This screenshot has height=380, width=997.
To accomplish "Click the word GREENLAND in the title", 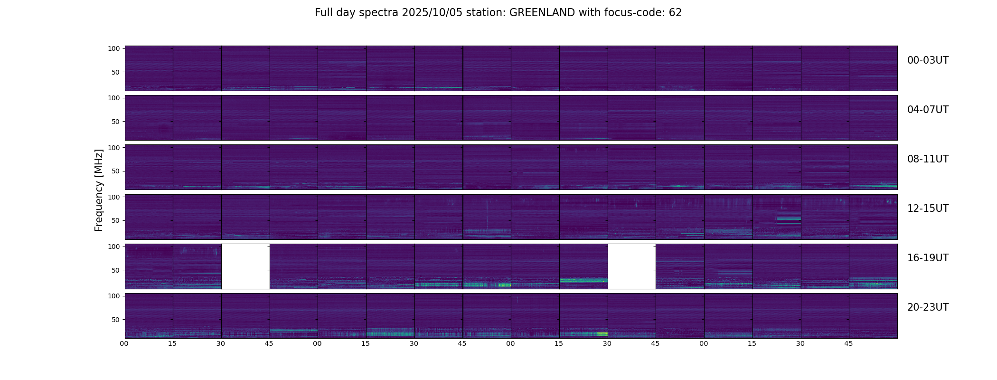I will pos(542,13).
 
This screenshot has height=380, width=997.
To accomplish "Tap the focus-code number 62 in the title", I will pos(675,13).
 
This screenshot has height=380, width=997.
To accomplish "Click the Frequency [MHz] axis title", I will pos(99,190).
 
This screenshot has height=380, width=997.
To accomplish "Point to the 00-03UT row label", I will pos(928,60).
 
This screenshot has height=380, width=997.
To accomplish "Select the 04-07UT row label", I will pos(928,110).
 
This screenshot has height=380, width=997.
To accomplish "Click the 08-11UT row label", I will pos(928,159).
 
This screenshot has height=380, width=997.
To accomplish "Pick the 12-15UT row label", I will pos(928,209).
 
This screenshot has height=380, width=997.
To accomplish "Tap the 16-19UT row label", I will pos(928,258).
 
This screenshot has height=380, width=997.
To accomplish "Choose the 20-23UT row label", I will pos(928,307).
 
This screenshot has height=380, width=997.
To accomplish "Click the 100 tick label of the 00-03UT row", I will pos(114,48).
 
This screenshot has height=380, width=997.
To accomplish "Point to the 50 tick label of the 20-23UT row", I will pos(116,320).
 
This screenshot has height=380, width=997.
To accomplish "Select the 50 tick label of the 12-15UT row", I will pos(116,220).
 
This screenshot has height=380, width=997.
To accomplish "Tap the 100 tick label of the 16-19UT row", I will pos(114,247).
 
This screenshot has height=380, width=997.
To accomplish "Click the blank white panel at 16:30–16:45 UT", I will pos(245,266).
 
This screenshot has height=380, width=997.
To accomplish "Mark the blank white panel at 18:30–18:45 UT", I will pos(631,266).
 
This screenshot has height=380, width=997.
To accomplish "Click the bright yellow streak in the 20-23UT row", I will pos(602,334).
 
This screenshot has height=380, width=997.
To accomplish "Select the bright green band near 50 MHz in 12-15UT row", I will pos(789,218).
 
